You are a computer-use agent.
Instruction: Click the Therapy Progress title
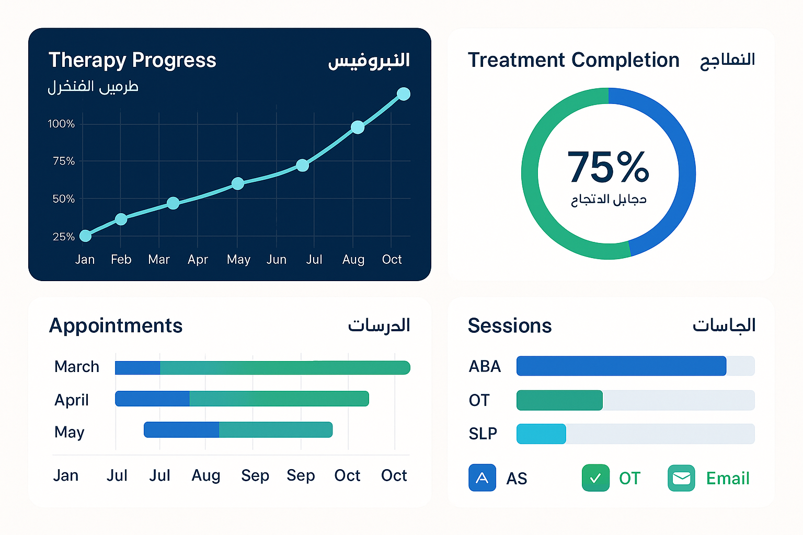(132, 60)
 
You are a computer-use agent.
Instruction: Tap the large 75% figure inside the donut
(608, 167)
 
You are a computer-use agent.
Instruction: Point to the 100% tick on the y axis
(61, 124)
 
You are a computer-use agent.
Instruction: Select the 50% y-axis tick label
(63, 199)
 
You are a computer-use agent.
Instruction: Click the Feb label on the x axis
(121, 260)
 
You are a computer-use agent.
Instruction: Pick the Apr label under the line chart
(198, 260)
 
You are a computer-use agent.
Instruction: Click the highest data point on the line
(403, 94)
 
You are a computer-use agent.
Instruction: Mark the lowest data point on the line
(85, 236)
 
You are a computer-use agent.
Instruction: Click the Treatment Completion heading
(573, 60)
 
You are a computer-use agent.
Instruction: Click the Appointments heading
(116, 325)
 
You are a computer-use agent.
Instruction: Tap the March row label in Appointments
(76, 367)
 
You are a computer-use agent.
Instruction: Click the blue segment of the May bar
(181, 429)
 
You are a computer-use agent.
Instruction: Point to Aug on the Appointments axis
(205, 475)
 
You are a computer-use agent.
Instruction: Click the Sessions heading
(509, 325)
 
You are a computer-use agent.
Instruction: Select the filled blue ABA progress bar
(621, 366)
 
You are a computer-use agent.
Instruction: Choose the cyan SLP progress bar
(541, 434)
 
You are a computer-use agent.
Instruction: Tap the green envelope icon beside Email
(681, 478)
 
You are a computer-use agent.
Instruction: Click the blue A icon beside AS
(482, 478)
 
